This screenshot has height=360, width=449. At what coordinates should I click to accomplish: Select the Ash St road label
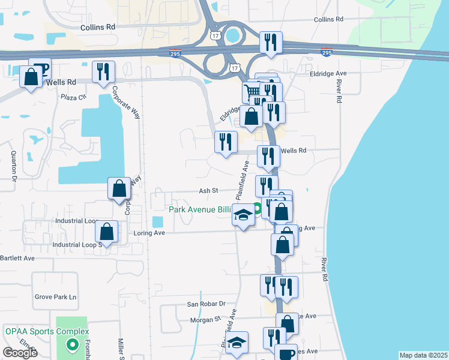(208, 190)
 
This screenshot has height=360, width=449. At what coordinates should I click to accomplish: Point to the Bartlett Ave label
(17, 258)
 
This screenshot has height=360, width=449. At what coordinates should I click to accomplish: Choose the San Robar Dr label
(205, 304)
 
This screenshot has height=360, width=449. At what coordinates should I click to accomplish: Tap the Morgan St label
(202, 319)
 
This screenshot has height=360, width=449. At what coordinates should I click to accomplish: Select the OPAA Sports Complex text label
(47, 331)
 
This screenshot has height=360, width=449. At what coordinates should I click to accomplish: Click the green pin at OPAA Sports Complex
(72, 344)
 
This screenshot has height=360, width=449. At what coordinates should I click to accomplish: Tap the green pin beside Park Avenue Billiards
(258, 209)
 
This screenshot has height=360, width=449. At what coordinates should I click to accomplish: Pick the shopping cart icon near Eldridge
(253, 92)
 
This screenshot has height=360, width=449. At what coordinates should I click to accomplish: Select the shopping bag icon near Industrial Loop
(106, 232)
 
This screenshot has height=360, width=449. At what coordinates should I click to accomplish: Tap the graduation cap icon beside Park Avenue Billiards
(243, 215)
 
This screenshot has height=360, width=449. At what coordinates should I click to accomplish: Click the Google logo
(20, 353)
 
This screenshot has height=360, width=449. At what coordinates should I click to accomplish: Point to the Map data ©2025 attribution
(423, 355)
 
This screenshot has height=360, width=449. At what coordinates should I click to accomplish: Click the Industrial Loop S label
(76, 245)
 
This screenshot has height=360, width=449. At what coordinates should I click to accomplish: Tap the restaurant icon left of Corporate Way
(103, 72)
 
